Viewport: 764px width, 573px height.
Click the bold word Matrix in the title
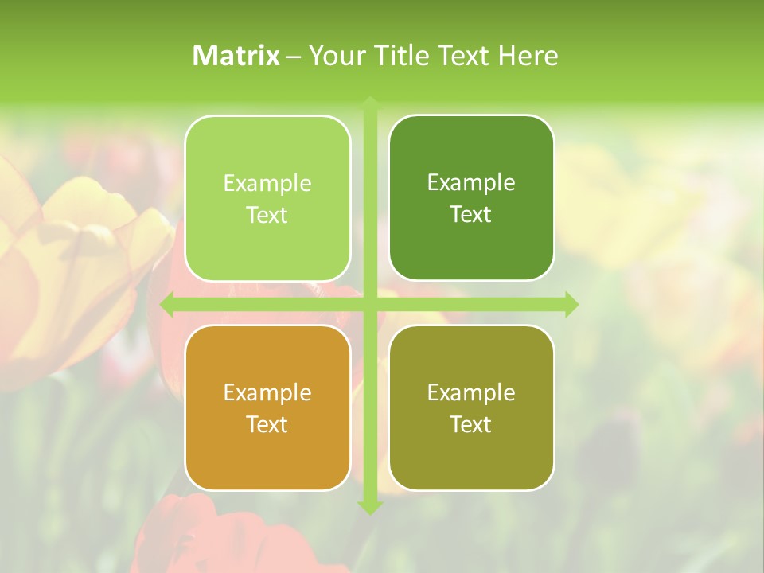(236, 56)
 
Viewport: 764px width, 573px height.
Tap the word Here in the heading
(528, 56)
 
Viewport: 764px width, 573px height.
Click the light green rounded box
(267, 198)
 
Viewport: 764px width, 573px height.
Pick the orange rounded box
(267, 407)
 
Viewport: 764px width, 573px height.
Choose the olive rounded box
(471, 407)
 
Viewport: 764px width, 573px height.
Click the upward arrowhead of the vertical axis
(370, 103)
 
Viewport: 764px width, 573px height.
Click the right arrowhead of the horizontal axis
(571, 304)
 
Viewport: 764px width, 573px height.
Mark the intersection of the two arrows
(370, 304)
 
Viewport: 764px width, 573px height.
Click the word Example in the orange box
(267, 392)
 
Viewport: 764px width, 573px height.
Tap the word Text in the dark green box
(471, 214)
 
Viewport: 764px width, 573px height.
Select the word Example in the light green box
(267, 183)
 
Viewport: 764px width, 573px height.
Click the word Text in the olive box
(471, 424)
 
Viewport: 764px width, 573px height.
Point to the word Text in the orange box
(267, 424)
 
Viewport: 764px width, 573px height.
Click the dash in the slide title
(294, 56)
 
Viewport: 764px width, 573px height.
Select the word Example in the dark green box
(471, 182)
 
